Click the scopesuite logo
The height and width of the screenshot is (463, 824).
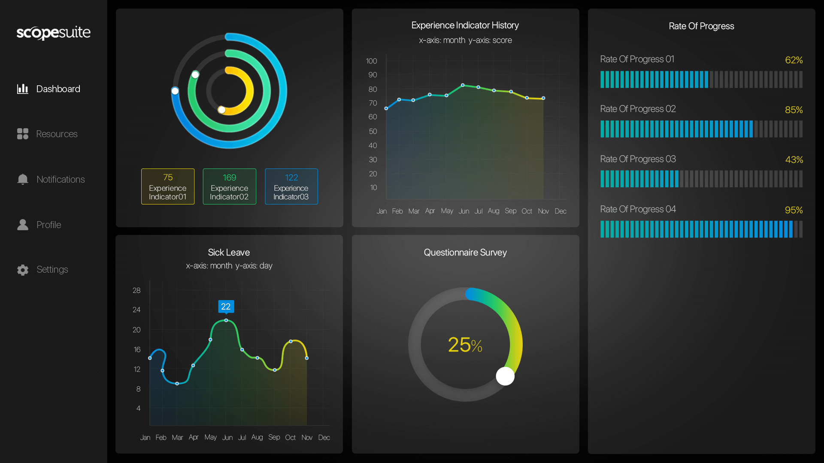(x=54, y=33)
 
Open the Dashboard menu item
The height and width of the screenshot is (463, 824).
(x=58, y=89)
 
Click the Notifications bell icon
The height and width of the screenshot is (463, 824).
(x=23, y=179)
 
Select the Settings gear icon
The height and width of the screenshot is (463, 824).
(x=23, y=270)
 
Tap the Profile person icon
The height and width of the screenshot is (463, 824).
(x=23, y=225)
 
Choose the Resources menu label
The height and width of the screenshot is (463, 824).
(x=57, y=134)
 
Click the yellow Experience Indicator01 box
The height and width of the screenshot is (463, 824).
(x=168, y=186)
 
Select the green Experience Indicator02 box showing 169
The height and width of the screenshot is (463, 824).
(x=230, y=186)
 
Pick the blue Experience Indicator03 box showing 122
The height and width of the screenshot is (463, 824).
(x=291, y=186)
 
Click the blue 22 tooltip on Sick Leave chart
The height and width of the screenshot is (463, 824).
(x=226, y=307)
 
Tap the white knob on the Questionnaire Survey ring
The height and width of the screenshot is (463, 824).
(x=505, y=376)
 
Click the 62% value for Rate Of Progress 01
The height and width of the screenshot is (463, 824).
(x=794, y=60)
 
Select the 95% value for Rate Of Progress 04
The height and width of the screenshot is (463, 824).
(x=794, y=210)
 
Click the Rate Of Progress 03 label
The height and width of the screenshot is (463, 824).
(x=638, y=159)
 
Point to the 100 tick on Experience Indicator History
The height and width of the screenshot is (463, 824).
(x=372, y=61)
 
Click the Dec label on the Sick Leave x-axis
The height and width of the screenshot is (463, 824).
(x=324, y=437)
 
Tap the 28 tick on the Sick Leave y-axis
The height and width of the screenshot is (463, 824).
(x=136, y=290)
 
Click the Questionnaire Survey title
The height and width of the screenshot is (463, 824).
(x=465, y=253)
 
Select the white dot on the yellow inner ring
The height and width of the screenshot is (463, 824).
(x=222, y=110)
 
